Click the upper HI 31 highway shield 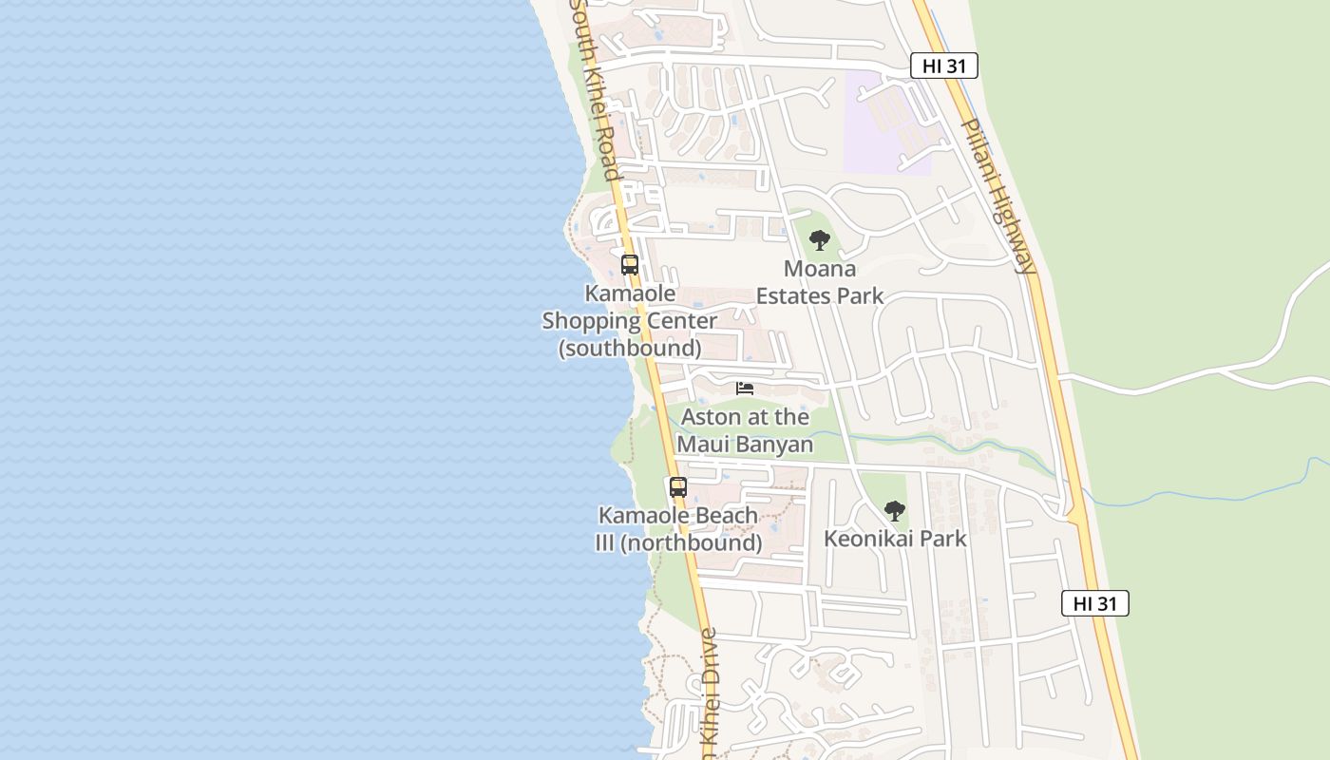tap(943, 66)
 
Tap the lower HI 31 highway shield tap(1094, 603)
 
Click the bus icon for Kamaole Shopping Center tap(629, 265)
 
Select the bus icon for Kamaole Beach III tap(677, 487)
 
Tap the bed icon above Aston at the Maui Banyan tap(745, 389)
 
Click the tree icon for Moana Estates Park tap(819, 240)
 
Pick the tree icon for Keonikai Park tap(894, 511)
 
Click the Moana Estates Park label tap(819, 282)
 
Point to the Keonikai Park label tap(895, 539)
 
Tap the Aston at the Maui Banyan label tap(745, 430)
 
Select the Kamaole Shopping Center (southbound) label tap(630, 321)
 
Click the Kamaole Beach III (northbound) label tap(678, 529)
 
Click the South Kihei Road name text tap(596, 90)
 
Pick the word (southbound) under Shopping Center tap(630, 349)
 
